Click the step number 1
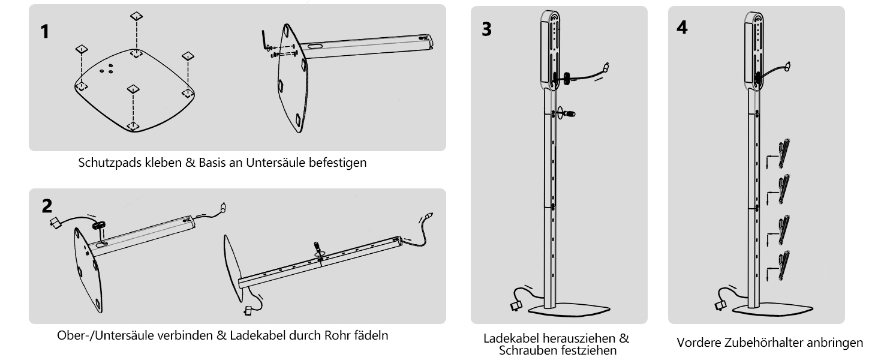(45, 31)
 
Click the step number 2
(47, 205)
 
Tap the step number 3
(486, 29)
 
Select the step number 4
(682, 28)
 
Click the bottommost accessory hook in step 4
(783, 265)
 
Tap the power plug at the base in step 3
(516, 305)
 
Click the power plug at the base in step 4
(720, 305)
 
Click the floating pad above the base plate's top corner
(136, 16)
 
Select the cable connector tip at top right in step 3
(606, 67)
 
